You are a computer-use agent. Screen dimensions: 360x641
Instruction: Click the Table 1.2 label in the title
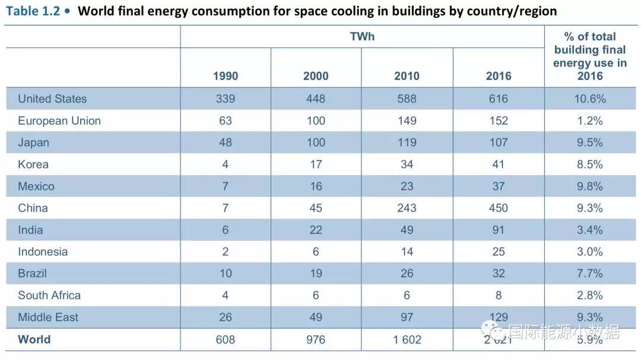coord(33,11)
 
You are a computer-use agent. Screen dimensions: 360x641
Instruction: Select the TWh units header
coord(362,37)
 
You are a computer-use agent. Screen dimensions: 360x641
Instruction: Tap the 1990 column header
coord(226,76)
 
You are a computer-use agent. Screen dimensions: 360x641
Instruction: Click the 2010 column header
coord(407,76)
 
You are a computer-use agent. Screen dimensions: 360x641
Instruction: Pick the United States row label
coord(52,99)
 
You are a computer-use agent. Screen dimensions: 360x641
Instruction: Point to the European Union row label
coord(59,121)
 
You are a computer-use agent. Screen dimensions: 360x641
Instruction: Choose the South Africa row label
coord(49,295)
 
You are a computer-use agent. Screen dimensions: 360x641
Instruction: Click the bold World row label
coord(34,339)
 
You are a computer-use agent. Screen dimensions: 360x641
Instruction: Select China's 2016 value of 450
coord(499,208)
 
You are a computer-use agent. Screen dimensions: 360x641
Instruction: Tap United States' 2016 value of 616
coord(499,99)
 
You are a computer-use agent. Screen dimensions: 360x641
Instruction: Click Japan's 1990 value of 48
coord(226,142)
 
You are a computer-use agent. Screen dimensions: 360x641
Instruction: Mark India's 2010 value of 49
coord(407,230)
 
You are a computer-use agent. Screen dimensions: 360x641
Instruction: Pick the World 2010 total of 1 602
coord(407,340)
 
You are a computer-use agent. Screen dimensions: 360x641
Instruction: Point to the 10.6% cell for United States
coord(590,99)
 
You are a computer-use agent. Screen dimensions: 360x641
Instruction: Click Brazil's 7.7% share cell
coord(590,273)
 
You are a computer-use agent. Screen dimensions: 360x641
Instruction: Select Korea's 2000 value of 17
coord(316,164)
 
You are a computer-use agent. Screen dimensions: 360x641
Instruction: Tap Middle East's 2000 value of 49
coord(316,317)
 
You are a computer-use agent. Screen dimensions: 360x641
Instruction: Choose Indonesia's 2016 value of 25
coord(499,252)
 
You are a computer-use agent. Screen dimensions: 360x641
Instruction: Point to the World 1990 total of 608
coord(226,340)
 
